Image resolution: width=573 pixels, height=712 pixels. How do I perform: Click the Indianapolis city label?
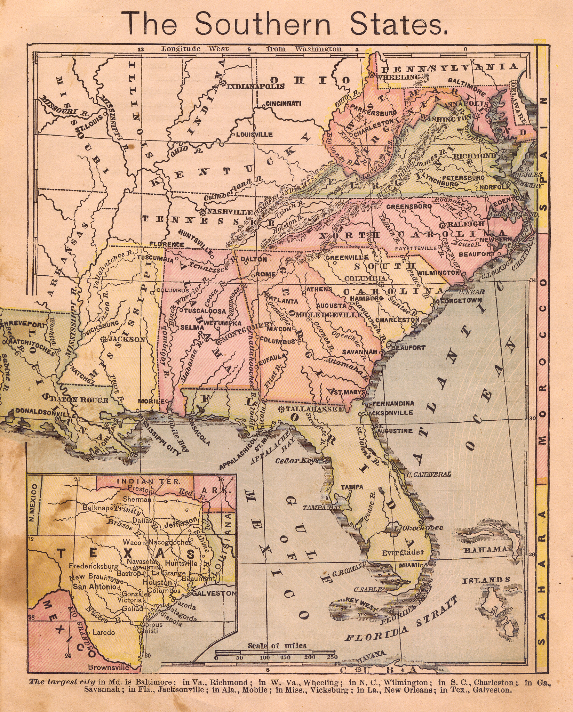[x=256, y=86]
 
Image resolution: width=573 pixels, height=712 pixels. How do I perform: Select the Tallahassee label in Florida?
[x=315, y=409]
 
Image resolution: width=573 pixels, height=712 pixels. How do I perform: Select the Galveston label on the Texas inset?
[x=214, y=593]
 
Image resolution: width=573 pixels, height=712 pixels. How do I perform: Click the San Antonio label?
[x=94, y=586]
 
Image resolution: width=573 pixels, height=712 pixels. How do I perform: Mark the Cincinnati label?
[x=284, y=103]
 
